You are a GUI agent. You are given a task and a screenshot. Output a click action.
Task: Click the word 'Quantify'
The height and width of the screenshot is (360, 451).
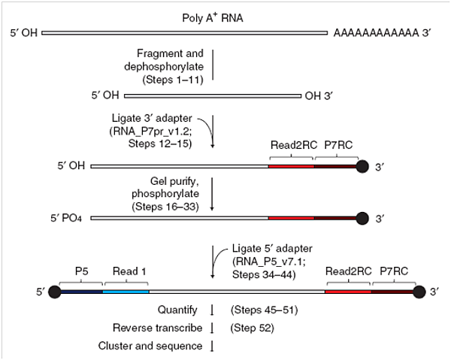(x=177, y=309)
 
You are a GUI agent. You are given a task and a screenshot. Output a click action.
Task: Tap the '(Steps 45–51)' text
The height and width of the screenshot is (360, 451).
(x=262, y=309)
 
